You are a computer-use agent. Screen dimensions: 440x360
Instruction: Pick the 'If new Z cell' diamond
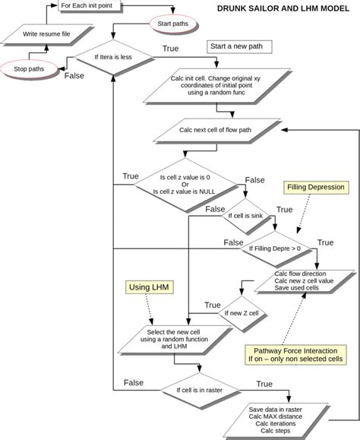click(242, 312)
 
